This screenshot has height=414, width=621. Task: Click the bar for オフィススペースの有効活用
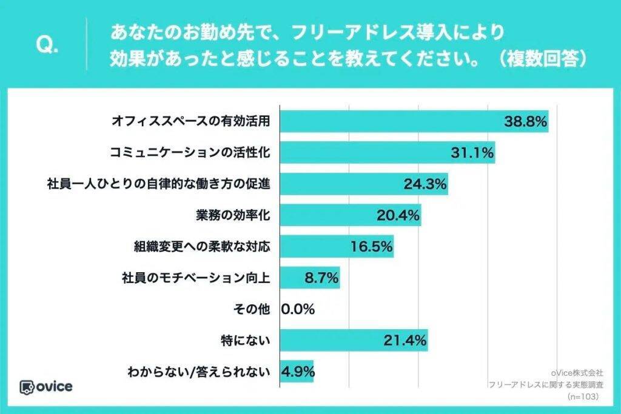click(x=388, y=121)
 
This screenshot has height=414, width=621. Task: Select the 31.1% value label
click(x=472, y=153)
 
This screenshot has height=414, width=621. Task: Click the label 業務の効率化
click(x=232, y=215)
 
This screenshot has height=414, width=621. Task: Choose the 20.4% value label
click(x=398, y=215)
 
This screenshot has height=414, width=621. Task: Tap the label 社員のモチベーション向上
click(x=195, y=278)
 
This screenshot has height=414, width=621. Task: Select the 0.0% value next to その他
click(x=298, y=310)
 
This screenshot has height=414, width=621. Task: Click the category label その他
click(x=250, y=310)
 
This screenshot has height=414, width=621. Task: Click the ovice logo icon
click(x=27, y=387)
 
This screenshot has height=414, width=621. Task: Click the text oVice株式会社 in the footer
click(x=578, y=373)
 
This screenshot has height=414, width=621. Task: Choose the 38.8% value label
click(x=526, y=121)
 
